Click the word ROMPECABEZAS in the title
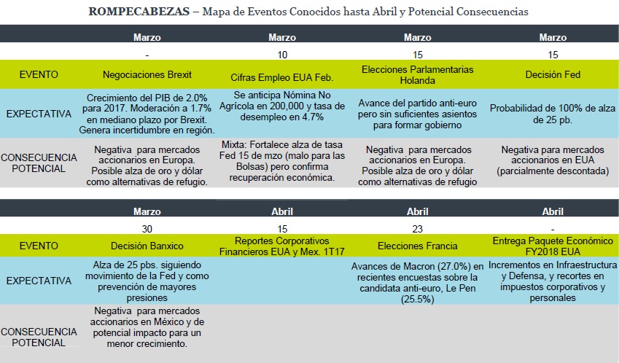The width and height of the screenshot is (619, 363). (139, 12)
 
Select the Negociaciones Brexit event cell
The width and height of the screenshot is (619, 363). (147, 74)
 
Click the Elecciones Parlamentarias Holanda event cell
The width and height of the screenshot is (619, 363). (417, 75)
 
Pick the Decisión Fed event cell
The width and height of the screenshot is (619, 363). (553, 74)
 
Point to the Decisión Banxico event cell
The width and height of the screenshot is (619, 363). (147, 246)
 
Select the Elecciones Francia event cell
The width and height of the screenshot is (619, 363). (417, 246)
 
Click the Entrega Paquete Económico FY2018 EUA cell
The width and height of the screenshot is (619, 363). (553, 246)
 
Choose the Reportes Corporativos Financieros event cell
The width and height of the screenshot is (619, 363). (282, 246)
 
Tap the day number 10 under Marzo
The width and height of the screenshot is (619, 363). (282, 55)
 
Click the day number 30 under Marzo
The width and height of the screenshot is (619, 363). (147, 229)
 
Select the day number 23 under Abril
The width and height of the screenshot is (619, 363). (417, 229)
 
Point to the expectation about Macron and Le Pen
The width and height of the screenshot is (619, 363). (417, 283)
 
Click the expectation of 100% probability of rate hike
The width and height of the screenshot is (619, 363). (553, 114)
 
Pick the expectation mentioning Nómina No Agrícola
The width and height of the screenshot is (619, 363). (282, 106)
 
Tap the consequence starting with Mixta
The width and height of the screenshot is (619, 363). (282, 161)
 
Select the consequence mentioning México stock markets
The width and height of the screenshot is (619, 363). (147, 327)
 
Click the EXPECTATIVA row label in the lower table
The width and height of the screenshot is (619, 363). (39, 281)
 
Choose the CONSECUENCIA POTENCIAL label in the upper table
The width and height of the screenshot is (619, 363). (39, 163)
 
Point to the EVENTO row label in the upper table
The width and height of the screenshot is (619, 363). (39, 74)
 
